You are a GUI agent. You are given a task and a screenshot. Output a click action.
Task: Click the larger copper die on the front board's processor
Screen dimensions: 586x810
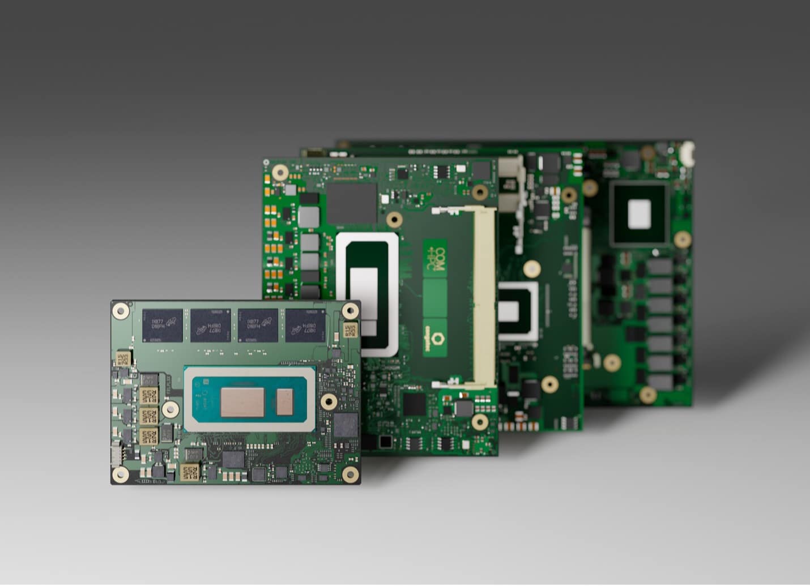[x=242, y=402]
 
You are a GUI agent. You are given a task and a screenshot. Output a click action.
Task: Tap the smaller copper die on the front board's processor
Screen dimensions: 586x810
[x=284, y=402]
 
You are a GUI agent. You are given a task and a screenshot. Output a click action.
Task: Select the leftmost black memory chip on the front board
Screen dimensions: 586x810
[x=163, y=326]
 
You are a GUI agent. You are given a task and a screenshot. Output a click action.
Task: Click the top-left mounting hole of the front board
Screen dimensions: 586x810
[x=121, y=310]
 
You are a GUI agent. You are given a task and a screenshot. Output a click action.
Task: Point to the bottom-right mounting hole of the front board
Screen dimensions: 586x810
[x=350, y=474]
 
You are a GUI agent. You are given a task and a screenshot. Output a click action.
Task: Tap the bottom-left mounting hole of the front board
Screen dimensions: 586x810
[x=120, y=474]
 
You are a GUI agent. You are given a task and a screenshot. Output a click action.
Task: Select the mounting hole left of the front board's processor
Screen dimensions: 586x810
[x=169, y=409]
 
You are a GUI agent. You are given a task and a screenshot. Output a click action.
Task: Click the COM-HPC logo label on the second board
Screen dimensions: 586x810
[x=435, y=258]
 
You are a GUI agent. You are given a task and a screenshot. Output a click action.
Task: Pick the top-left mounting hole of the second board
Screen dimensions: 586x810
[x=280, y=172]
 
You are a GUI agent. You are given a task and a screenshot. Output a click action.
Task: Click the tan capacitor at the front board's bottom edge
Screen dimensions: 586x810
[x=189, y=473]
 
